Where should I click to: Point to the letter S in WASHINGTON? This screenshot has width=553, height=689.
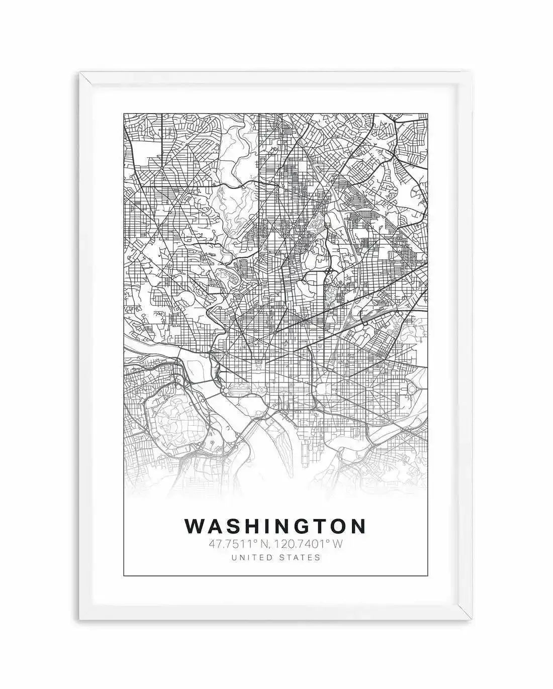click(x=237, y=526)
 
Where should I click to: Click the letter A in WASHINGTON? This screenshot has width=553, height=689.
click(x=218, y=526)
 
